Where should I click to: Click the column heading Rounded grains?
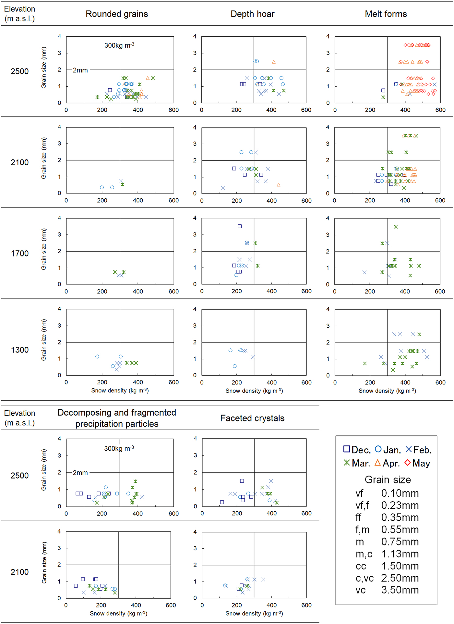(x=117, y=14)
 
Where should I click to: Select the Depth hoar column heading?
(x=252, y=14)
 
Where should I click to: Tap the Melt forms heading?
(x=386, y=14)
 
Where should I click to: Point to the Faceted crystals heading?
(x=252, y=418)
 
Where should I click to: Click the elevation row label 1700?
(x=20, y=254)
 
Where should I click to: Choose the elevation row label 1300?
(x=20, y=350)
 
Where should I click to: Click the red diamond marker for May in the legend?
(x=408, y=462)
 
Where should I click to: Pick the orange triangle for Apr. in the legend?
(x=377, y=462)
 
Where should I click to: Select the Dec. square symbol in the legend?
(x=347, y=449)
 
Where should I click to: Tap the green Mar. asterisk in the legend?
(x=347, y=462)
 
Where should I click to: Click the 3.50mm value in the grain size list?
(x=400, y=590)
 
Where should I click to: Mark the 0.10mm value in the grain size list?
(x=400, y=493)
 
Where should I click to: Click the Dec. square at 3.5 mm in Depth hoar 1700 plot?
(x=240, y=226)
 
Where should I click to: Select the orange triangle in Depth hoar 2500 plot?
(x=274, y=62)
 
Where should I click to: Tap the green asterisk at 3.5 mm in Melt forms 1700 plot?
(x=396, y=227)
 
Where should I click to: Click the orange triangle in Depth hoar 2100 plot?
(x=279, y=185)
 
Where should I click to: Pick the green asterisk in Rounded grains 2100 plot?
(x=123, y=184)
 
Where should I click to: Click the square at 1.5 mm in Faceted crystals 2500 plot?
(x=242, y=481)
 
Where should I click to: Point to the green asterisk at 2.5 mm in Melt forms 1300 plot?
(x=419, y=334)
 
